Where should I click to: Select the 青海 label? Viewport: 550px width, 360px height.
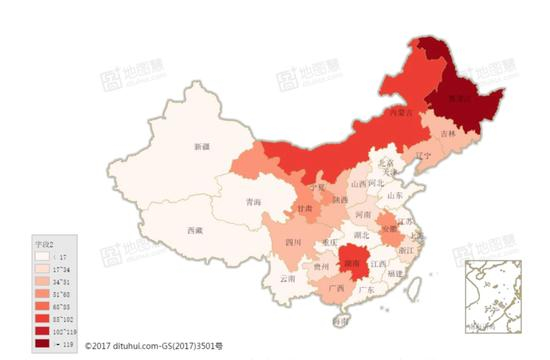(254, 203)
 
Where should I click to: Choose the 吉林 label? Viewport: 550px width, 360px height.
(446, 134)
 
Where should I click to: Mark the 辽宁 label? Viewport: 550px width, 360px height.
(420, 156)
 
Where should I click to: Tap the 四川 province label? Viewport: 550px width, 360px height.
(293, 242)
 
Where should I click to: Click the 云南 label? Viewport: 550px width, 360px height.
(288, 279)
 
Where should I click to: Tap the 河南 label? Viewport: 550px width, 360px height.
(365, 215)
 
